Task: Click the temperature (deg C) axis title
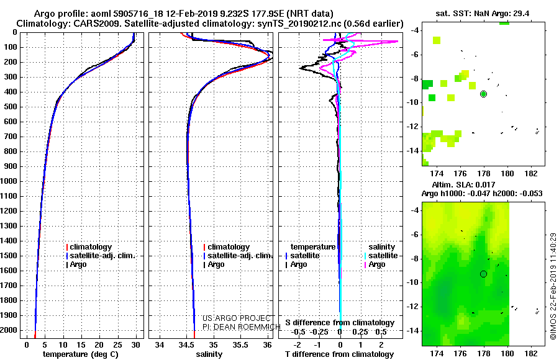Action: pos(81,354)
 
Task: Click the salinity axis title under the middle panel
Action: pos(209,354)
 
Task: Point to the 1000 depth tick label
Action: pos(9,181)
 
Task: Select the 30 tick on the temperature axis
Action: pos(135,345)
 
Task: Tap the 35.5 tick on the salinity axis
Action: pos(240,345)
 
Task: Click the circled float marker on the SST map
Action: pos(483,94)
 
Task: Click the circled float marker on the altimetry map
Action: pos(483,274)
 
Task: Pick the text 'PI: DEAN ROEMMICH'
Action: pos(242,327)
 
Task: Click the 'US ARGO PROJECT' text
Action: pos(237,318)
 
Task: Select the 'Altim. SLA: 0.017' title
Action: pos(463,184)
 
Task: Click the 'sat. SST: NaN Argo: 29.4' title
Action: pos(483,14)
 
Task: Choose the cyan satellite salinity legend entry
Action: pos(381,256)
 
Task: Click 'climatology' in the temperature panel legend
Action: pos(89,246)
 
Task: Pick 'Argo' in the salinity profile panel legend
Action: pos(214,264)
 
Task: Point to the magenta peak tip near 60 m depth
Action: pos(398,42)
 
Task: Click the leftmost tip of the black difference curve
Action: pos(299,68)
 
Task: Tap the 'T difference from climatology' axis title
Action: pos(339,354)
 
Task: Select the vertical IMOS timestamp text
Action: pos(553,286)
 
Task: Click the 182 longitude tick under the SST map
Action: pos(531,174)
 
